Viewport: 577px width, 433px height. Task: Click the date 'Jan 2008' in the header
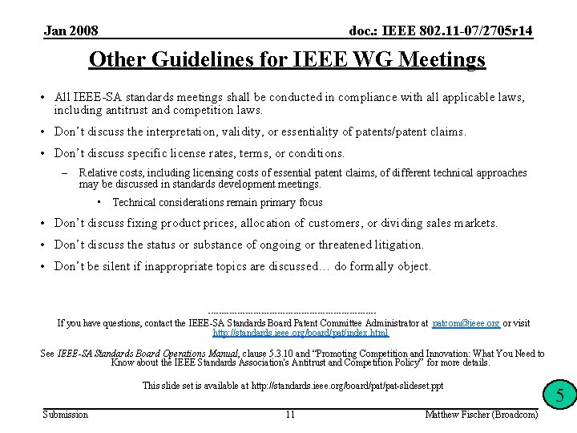point(71,31)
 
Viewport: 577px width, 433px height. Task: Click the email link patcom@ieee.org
point(466,323)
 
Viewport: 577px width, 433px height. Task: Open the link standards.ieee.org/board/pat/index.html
point(301,333)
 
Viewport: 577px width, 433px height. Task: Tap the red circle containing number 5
point(560,395)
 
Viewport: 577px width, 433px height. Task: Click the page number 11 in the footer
point(290,414)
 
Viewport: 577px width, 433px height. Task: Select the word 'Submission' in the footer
point(66,414)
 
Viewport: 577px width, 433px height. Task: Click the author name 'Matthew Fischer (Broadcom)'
point(482,414)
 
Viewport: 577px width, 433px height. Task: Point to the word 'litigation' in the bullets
point(397,245)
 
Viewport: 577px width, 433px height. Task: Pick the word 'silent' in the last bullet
point(118,266)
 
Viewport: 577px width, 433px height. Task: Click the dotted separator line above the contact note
point(292,312)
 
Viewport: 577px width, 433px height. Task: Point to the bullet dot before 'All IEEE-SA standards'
point(43,98)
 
